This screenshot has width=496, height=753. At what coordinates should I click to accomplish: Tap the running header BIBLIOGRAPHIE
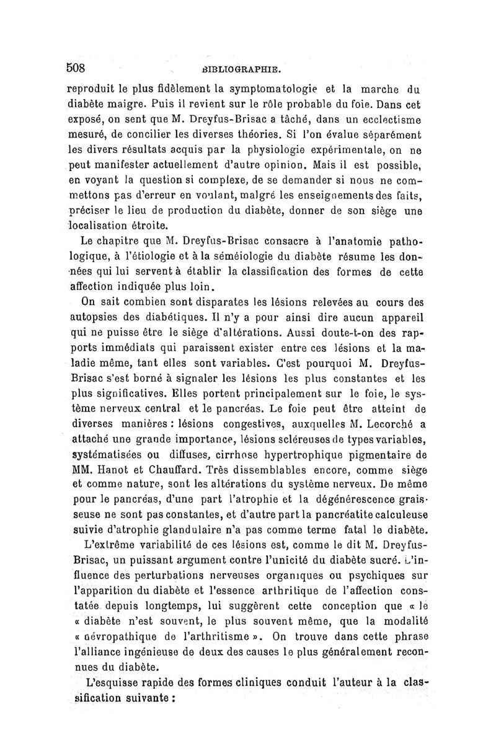pyautogui.click(x=247, y=69)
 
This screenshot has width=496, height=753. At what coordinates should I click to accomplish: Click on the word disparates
pyautogui.click(x=203, y=304)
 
